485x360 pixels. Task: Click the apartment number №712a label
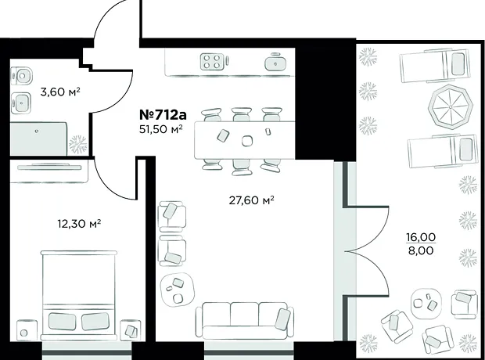[x=163, y=115]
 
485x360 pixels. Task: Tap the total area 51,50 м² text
[x=160, y=129]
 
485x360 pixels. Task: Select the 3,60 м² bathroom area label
[x=60, y=92]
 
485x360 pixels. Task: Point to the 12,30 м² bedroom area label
[x=80, y=223]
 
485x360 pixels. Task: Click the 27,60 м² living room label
[x=251, y=200]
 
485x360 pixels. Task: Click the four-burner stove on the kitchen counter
[x=212, y=62]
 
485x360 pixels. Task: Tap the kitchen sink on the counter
[x=275, y=63]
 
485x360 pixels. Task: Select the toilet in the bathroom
[x=21, y=76]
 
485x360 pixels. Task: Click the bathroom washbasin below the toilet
[x=20, y=101]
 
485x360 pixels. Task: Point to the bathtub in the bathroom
[x=38, y=139]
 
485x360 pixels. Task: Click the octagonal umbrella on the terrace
[x=451, y=107]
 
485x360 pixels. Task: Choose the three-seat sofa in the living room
[x=244, y=320]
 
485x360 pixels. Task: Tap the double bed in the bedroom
[x=79, y=295]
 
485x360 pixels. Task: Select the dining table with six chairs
[x=244, y=140]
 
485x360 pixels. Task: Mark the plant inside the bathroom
[x=77, y=145]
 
